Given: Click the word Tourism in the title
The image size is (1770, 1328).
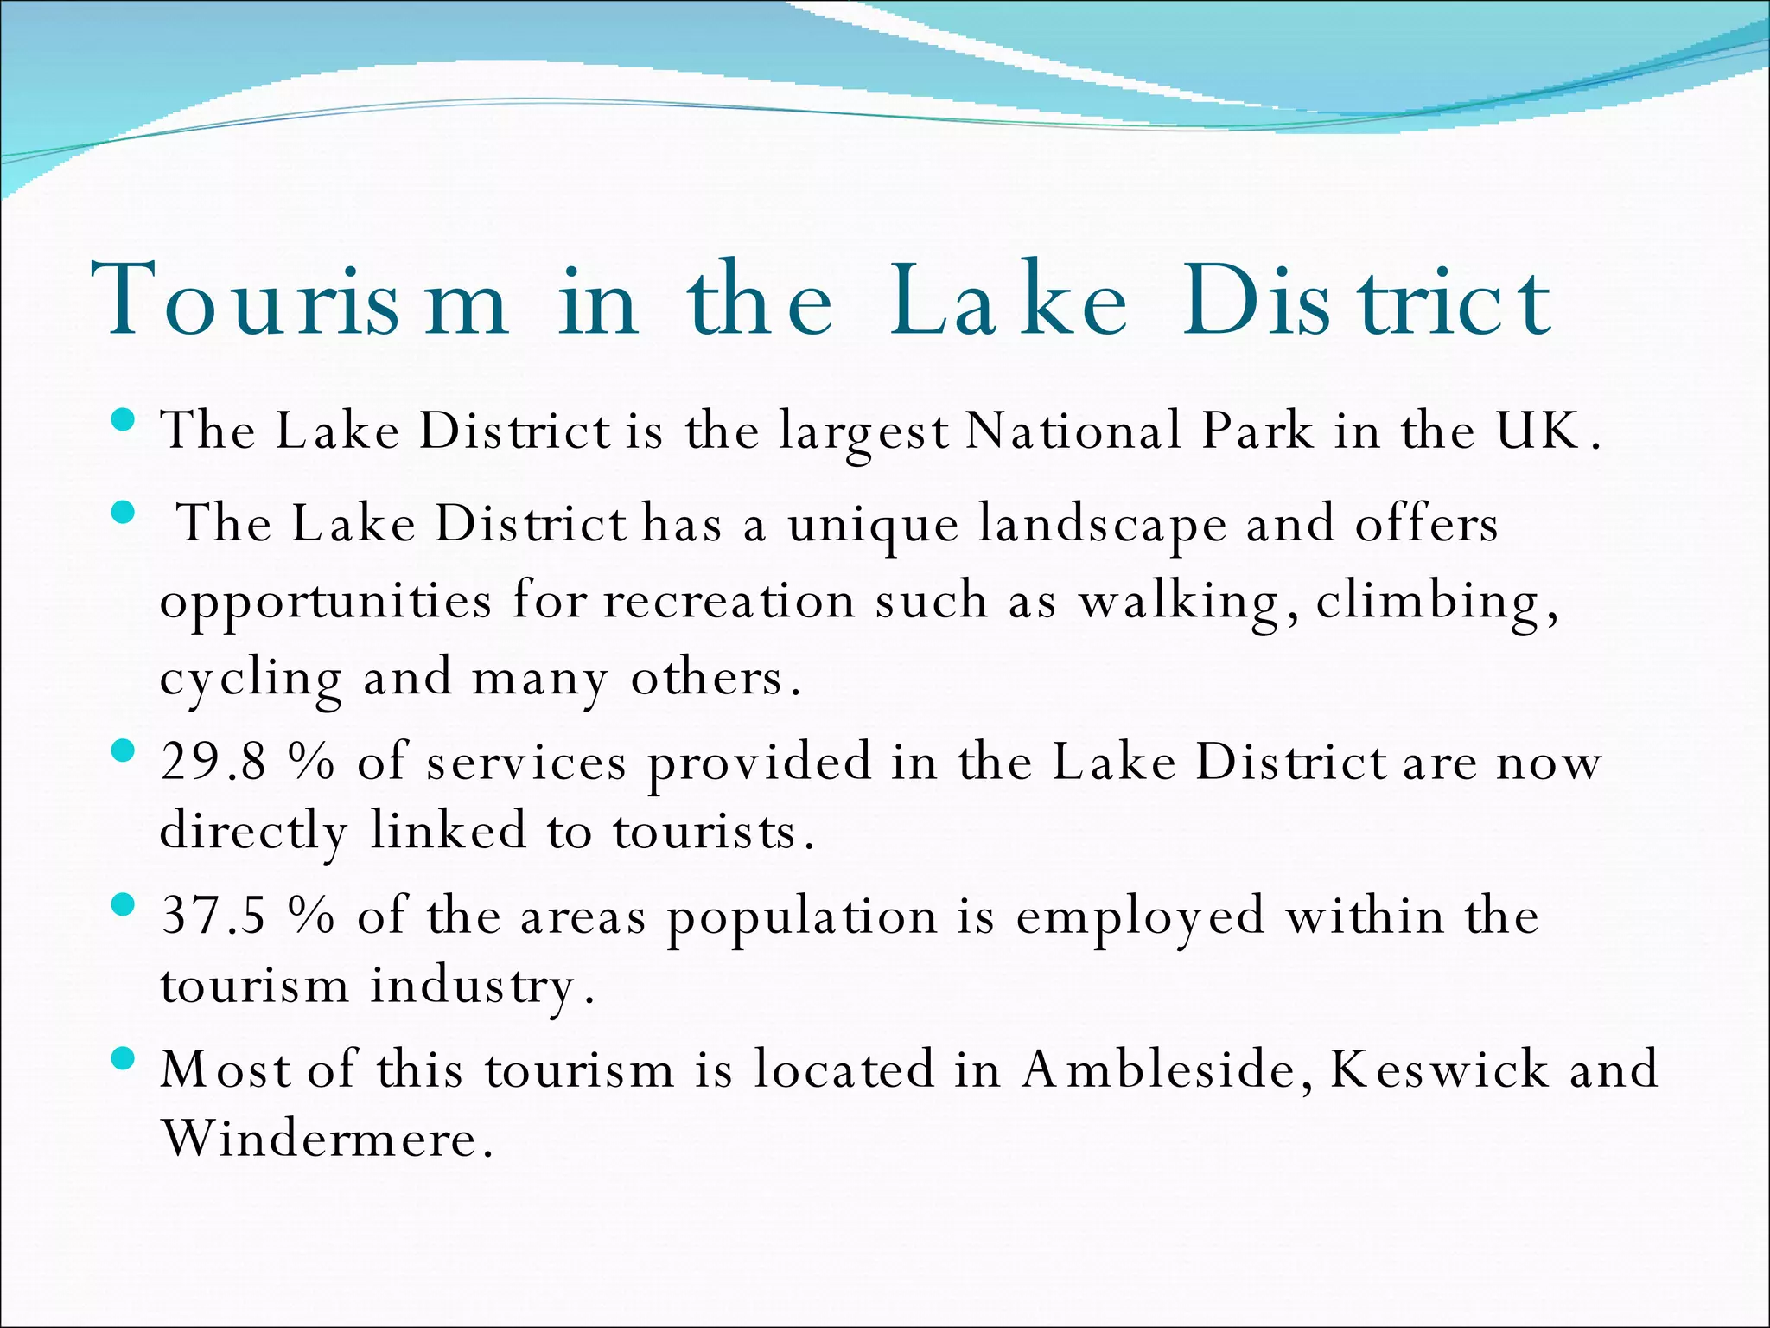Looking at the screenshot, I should click(299, 299).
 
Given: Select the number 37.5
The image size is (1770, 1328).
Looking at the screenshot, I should click(213, 916).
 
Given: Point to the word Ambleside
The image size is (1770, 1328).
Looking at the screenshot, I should click(1158, 1069).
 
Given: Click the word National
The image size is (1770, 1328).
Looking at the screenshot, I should click(1072, 430).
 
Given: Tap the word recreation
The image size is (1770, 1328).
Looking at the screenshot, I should click(729, 600).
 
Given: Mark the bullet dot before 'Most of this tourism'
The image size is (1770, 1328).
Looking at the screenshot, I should click(124, 1058).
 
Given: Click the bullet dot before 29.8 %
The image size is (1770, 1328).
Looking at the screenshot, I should click(124, 750).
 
